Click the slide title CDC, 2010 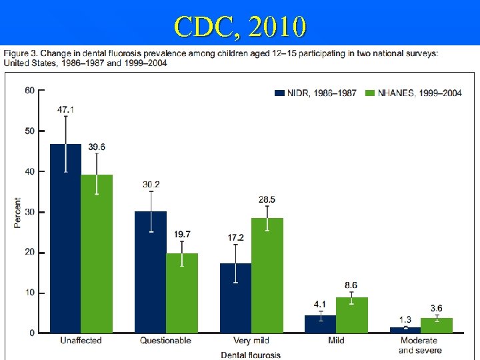[240, 26]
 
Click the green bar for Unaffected [97, 254]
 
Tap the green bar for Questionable [182, 293]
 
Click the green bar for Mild [352, 315]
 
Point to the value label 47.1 [65, 109]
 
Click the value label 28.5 [267, 199]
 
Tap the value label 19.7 [182, 234]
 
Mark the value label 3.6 [437, 308]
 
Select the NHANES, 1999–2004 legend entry [413, 93]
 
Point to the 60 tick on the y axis [30, 91]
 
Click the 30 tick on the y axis [30, 212]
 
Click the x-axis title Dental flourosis [251, 355]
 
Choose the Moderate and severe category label [420, 345]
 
